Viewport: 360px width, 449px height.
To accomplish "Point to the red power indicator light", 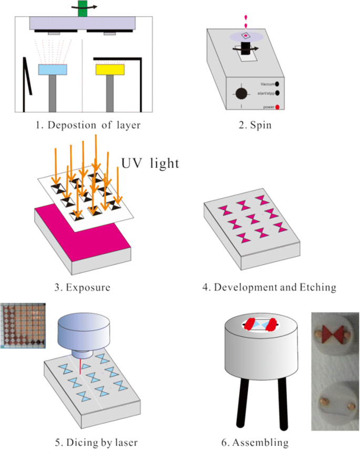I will (x=277, y=107).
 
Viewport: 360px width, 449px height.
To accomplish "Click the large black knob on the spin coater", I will (x=241, y=94).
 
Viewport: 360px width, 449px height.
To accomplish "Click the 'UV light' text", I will (x=150, y=163).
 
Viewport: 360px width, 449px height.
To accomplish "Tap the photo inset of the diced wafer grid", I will (x=27, y=325).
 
